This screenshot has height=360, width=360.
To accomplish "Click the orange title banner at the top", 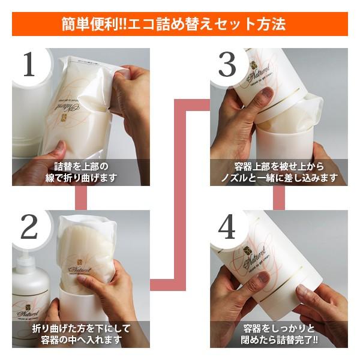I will (180, 23).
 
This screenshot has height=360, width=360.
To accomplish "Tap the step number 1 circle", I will (29, 66).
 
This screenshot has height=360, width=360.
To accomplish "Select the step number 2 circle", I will (29, 227).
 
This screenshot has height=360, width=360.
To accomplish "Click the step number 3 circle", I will (227, 66).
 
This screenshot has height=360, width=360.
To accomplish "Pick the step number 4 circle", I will (227, 227).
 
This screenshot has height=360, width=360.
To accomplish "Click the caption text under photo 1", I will (80, 172).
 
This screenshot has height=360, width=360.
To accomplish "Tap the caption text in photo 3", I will (278, 172).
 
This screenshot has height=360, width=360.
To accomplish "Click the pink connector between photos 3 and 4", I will (278, 197).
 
